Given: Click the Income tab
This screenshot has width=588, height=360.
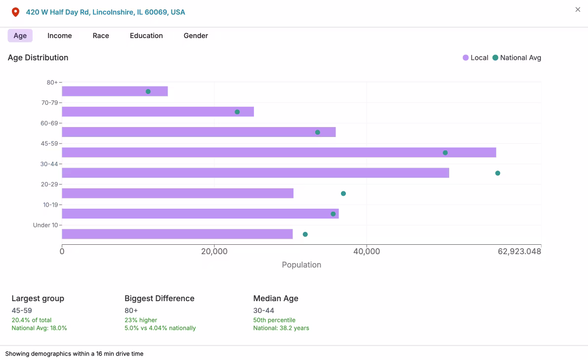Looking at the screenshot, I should (59, 36).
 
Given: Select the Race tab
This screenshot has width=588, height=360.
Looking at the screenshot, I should (101, 36).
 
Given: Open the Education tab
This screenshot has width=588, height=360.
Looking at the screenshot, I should (146, 36).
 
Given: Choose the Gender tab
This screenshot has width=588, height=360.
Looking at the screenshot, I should (196, 36).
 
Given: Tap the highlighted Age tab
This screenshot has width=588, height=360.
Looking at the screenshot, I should (20, 36).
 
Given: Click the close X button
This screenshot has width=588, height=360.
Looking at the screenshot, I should (578, 9).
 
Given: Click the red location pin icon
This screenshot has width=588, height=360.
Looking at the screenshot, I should (15, 12).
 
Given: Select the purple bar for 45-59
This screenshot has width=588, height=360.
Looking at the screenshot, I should (279, 152).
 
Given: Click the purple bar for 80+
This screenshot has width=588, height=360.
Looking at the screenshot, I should (115, 91).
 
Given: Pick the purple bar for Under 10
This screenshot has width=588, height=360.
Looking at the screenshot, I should (177, 234).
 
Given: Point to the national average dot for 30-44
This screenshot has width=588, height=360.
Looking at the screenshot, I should (498, 173).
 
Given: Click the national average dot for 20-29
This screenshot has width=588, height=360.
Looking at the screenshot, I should (343, 193).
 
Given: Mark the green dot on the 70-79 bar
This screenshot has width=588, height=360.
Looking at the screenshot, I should (237, 112).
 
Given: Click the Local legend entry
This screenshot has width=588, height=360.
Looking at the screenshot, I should (475, 58).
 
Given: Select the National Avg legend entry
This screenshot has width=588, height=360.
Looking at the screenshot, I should (517, 58).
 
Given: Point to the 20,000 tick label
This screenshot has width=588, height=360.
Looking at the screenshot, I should (214, 252).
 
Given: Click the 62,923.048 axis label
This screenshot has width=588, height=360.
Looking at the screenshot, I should (519, 252).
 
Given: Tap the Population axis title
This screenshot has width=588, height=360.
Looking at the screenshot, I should (301, 265).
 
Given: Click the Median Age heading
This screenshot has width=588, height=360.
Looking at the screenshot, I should (276, 298).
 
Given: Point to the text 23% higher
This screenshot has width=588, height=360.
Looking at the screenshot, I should (141, 320).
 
